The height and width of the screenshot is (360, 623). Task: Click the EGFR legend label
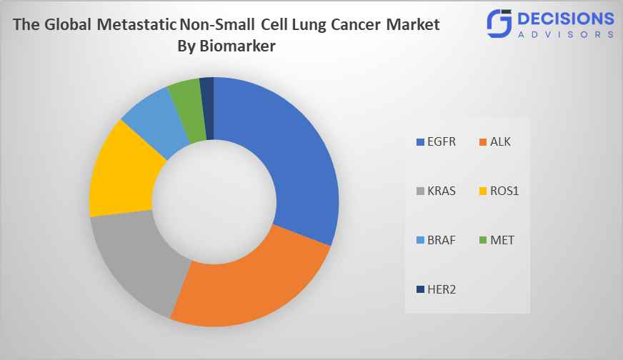441,141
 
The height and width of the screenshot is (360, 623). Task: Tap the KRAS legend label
441,191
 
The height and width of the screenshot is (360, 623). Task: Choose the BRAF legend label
441,240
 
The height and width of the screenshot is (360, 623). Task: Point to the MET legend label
502,240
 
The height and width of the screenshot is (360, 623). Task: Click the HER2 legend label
441,289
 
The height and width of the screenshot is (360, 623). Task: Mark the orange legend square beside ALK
482,142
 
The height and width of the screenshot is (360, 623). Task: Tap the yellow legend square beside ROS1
482,191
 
